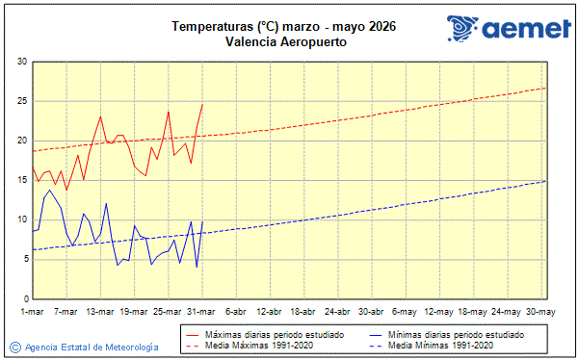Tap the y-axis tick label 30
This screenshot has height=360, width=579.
click(21, 62)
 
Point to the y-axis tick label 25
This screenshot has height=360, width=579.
click(21, 101)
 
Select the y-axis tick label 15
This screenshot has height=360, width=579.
click(21, 180)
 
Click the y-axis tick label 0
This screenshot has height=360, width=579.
click(24, 298)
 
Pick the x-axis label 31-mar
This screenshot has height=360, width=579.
click(201, 312)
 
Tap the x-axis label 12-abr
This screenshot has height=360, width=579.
click(270, 312)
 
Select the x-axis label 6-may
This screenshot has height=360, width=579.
click(406, 312)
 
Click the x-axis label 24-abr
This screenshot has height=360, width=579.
click(337, 312)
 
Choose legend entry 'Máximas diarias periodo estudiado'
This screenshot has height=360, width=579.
click(275, 334)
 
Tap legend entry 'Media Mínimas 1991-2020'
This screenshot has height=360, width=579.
click(440, 345)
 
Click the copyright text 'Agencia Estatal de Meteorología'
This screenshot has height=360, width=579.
click(92, 347)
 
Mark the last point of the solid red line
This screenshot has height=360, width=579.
click(202, 105)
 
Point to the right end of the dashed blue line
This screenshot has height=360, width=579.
click(546, 180)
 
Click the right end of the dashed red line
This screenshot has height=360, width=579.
click(546, 88)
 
